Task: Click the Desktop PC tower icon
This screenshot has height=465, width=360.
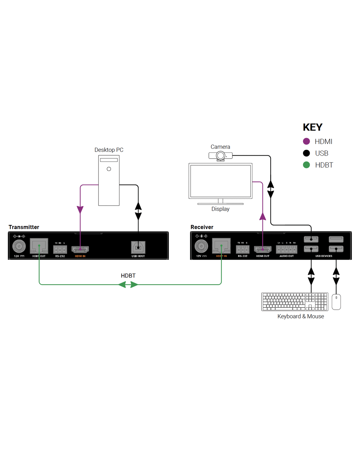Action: pyautogui.click(x=109, y=181)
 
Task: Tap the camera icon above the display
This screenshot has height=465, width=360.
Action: pyautogui.click(x=221, y=156)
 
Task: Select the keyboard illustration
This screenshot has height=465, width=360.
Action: pyautogui.click(x=295, y=301)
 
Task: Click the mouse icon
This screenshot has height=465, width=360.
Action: pyautogui.click(x=336, y=301)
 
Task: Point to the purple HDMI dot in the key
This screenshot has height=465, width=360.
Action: pyautogui.click(x=306, y=141)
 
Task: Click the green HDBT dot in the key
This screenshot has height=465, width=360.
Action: pyautogui.click(x=306, y=165)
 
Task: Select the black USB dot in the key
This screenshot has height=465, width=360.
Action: pyautogui.click(x=306, y=153)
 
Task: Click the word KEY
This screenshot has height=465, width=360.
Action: pyautogui.click(x=313, y=127)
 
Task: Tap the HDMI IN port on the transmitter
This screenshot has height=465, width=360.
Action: pyautogui.click(x=80, y=250)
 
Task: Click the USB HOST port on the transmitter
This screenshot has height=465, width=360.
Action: pyautogui.click(x=138, y=247)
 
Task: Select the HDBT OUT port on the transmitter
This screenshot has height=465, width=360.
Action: pyautogui.click(x=39, y=246)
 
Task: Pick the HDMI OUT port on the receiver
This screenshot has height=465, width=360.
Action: pyautogui.click(x=262, y=250)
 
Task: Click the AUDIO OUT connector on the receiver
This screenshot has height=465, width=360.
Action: pyautogui.click(x=286, y=250)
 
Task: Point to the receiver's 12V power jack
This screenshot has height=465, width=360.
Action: pyautogui.click(x=201, y=246)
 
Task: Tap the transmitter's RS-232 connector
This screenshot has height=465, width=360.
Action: pyautogui.click(x=60, y=250)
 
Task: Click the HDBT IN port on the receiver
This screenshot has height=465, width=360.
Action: pyautogui.click(x=221, y=246)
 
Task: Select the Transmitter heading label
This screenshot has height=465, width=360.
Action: pyautogui.click(x=24, y=227)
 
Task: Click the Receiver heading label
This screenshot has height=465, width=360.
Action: pyautogui.click(x=202, y=227)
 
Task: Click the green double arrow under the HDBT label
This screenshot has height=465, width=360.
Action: pyautogui.click(x=128, y=284)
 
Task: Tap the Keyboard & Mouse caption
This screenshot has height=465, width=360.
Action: pyautogui.click(x=300, y=316)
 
